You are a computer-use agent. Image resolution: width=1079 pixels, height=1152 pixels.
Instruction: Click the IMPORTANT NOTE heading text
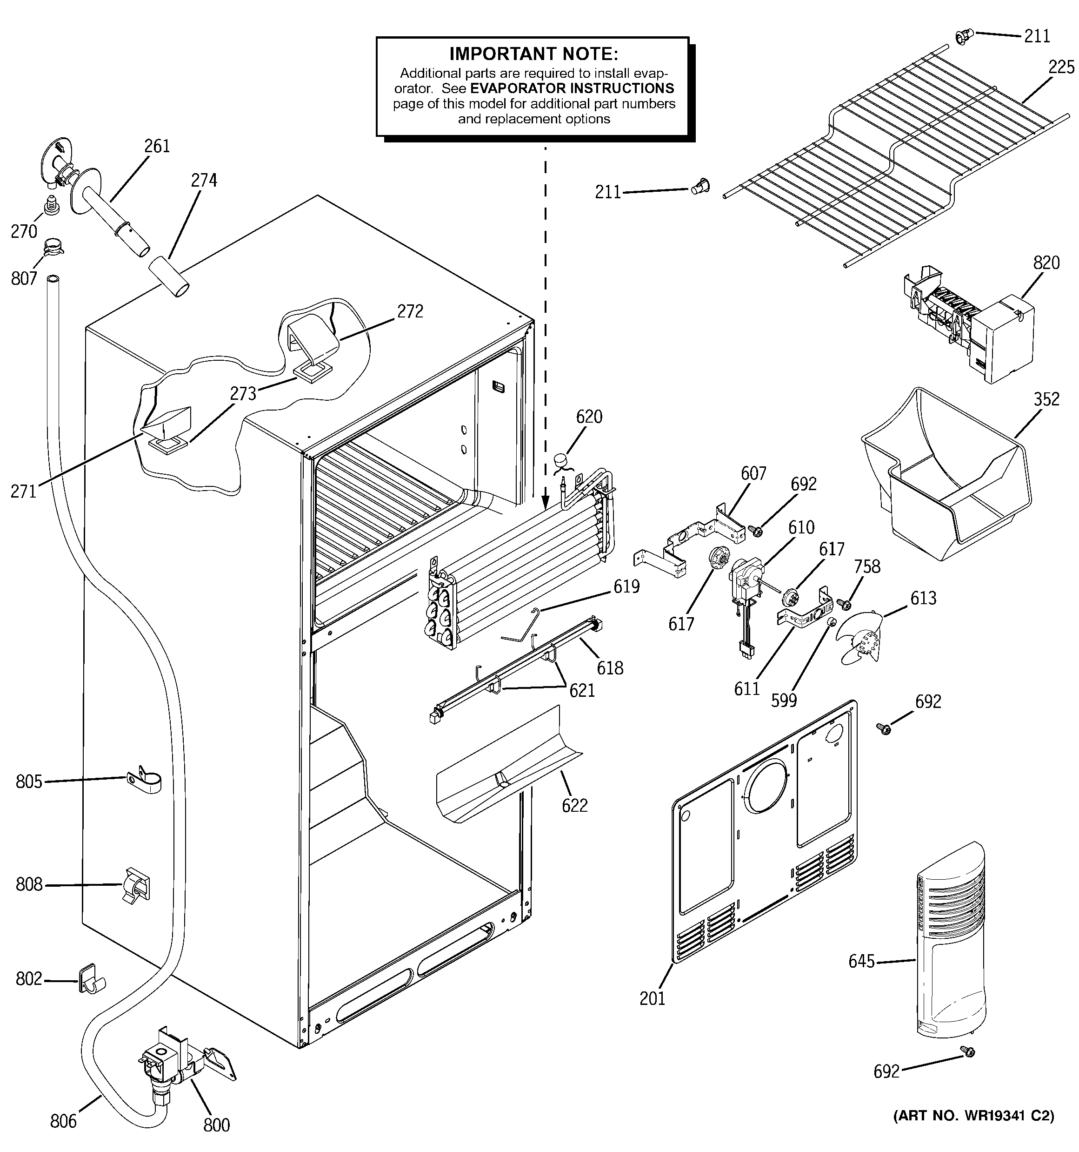pyautogui.click(x=533, y=54)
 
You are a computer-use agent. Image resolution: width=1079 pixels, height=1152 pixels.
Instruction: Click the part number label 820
pyautogui.click(x=1046, y=263)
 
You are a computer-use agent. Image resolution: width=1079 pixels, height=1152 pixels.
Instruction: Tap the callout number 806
pyautogui.click(x=63, y=1121)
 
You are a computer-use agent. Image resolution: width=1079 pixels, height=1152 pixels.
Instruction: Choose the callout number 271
pyautogui.click(x=24, y=492)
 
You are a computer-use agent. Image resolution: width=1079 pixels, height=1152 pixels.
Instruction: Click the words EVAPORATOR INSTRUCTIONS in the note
pyautogui.click(x=572, y=88)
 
